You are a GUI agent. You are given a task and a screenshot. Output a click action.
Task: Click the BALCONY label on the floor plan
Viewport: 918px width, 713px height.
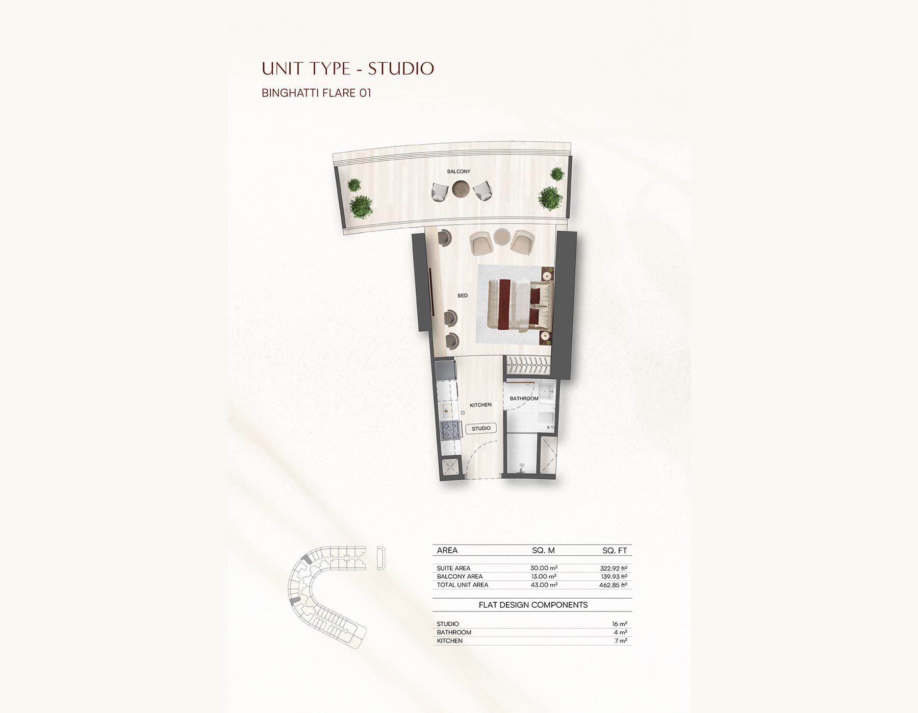coord(458,171)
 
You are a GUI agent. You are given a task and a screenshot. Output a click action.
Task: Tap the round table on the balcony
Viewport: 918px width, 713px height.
coord(462,188)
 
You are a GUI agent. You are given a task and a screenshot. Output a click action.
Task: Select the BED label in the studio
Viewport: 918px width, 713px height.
coord(463,296)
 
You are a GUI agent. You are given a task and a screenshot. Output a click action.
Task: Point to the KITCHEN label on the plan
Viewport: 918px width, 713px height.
coord(480,405)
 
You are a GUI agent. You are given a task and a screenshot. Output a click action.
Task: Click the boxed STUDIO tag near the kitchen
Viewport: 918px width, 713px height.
coord(481,428)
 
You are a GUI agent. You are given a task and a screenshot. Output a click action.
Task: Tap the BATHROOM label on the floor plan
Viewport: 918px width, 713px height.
coord(524,399)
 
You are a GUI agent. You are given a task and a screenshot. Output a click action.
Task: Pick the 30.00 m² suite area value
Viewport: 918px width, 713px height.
coord(544,568)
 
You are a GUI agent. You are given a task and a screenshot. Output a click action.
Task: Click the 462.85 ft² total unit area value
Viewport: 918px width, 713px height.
coord(613,585)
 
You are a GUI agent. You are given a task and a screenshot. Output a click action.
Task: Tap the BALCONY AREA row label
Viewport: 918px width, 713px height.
coord(459,576)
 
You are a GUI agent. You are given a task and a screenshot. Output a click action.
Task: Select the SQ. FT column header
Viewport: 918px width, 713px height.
coord(614,550)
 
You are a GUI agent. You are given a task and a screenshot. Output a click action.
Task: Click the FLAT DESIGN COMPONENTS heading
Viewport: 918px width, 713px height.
coord(533,605)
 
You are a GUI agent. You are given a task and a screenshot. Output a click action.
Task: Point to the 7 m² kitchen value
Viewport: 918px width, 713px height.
coord(620,641)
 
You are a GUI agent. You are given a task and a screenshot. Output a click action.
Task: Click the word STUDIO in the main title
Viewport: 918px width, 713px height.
coord(401,68)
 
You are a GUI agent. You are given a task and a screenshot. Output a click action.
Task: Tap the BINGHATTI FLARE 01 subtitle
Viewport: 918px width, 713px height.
coord(316,93)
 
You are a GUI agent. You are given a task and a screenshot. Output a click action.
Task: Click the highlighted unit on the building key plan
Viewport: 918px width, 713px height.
coord(306,560)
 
